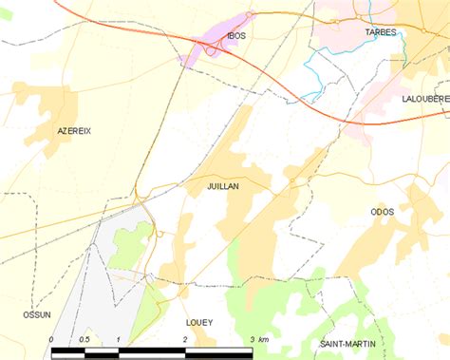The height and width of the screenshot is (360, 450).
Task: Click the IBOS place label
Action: (236, 36)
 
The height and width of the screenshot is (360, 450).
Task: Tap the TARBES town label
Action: (380, 32)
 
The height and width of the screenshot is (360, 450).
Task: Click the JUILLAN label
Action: (222, 187)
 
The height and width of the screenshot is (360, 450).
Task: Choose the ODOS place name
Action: (382, 212)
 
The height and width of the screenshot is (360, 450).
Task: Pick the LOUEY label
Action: (198, 322)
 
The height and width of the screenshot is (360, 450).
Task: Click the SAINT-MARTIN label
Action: (347, 343)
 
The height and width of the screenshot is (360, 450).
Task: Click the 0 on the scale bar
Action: (51, 339)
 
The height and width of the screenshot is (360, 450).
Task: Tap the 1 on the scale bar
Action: (118, 339)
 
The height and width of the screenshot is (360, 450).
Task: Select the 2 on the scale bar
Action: (184, 339)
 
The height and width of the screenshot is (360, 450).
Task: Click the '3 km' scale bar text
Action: (258, 339)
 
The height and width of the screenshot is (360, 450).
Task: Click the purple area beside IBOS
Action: (211, 49)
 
